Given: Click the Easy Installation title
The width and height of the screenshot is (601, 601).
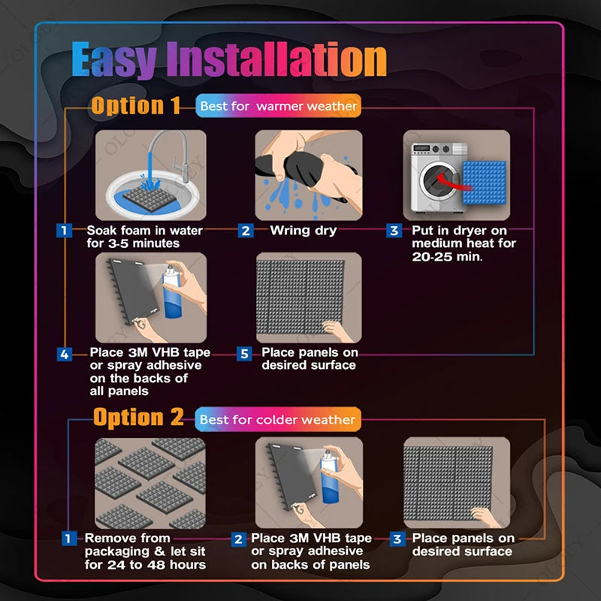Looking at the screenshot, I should pos(228,60).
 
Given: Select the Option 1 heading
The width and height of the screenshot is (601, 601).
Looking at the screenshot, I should pos(136,106).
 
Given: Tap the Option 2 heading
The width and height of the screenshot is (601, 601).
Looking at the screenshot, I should pos(138,418).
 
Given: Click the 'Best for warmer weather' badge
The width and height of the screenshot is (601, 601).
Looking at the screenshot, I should pos(278,107).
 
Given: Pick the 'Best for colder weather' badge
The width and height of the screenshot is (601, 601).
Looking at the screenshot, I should pos(279,419).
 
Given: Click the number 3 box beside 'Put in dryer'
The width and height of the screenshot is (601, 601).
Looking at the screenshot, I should pos(394,231).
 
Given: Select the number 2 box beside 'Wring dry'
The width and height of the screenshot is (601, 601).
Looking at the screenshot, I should pos(246,231).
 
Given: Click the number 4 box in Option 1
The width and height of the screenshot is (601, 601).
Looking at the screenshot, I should pos(65,353).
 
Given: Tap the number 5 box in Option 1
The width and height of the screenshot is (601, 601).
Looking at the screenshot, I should pos(243,353).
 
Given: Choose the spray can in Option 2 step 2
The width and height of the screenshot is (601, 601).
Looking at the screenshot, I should pos(328,477).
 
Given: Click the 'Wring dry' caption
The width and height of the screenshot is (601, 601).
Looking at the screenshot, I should pos(304,231).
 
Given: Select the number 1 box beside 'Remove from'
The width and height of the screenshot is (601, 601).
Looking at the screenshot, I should pos(68,539).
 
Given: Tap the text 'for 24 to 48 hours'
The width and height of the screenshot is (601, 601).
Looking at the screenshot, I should pos(145,565).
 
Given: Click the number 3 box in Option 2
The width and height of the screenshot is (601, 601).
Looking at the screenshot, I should pos(398,539).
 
